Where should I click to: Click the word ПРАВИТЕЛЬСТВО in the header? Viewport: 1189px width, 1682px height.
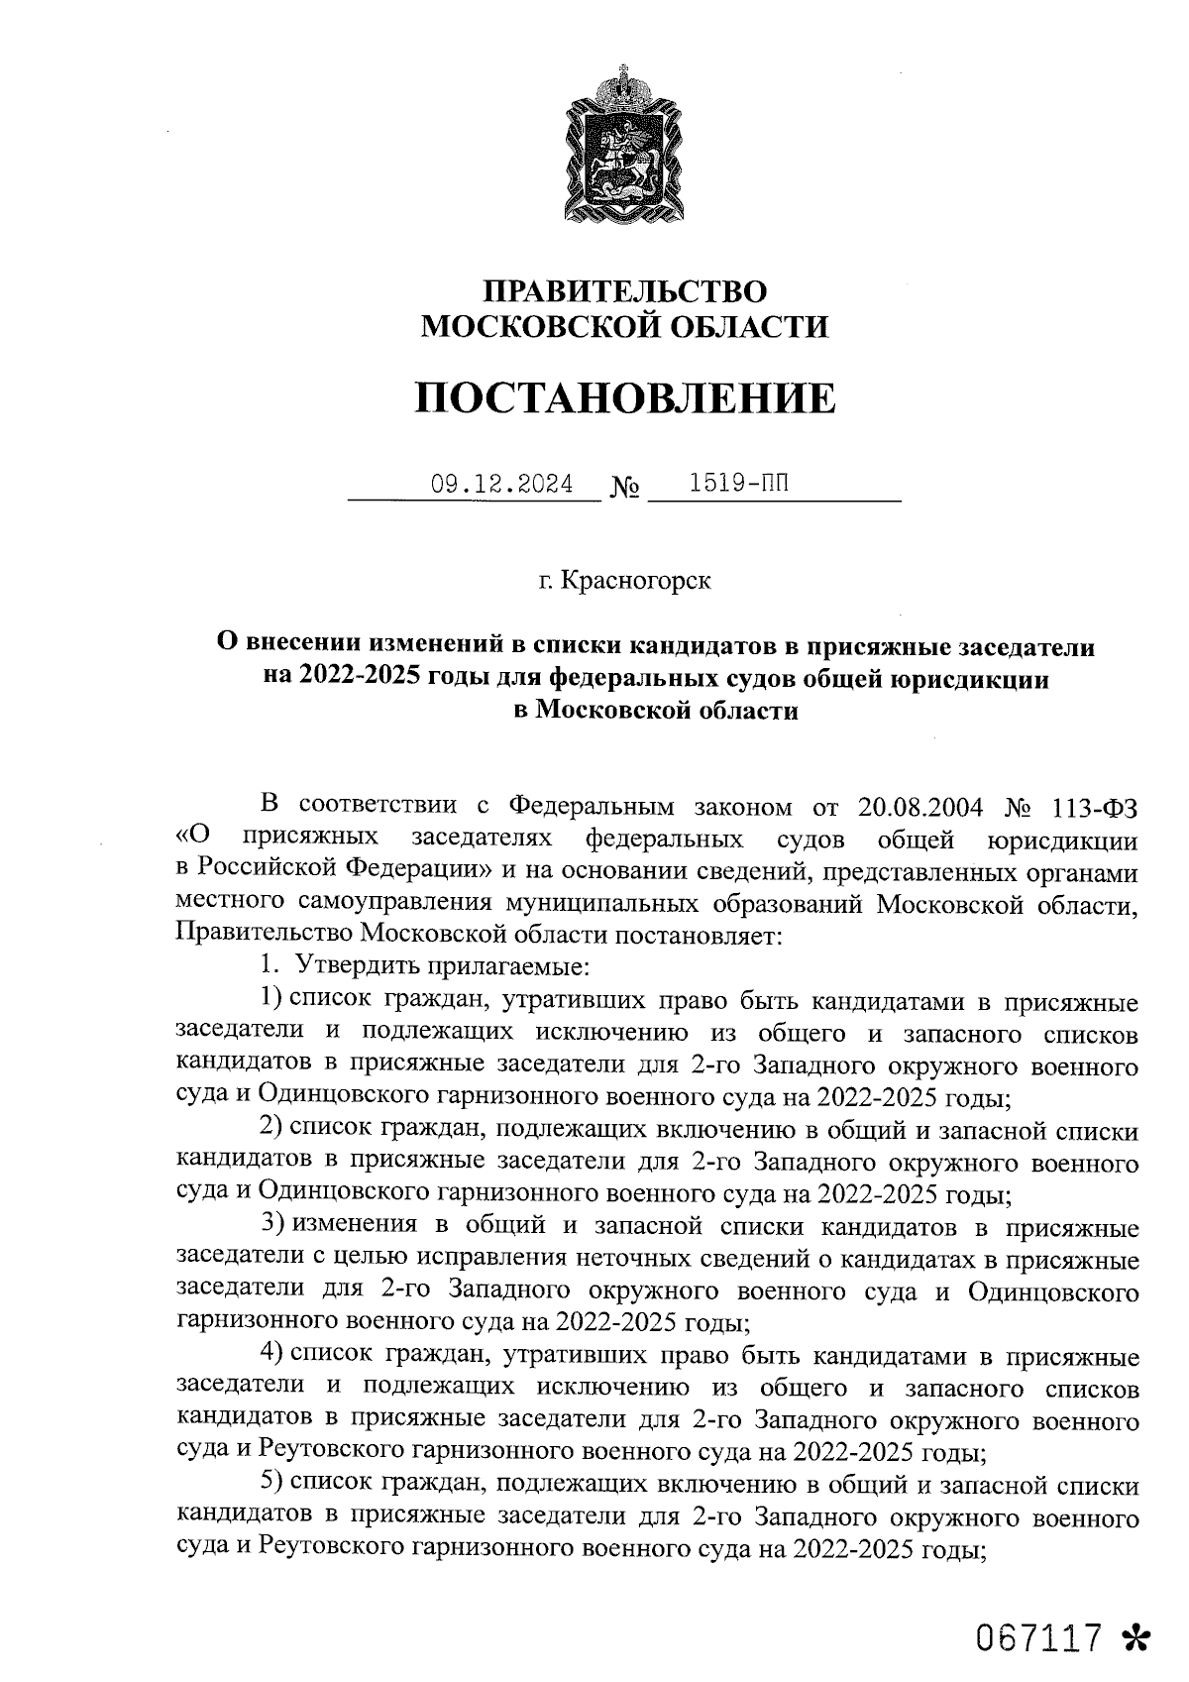coord(624,291)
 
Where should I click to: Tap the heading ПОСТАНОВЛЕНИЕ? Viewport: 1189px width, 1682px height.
coord(624,397)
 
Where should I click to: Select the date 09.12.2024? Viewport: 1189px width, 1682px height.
coord(501,485)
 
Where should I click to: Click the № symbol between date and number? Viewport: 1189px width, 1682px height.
coord(624,488)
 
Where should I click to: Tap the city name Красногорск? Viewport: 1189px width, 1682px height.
coord(635,580)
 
